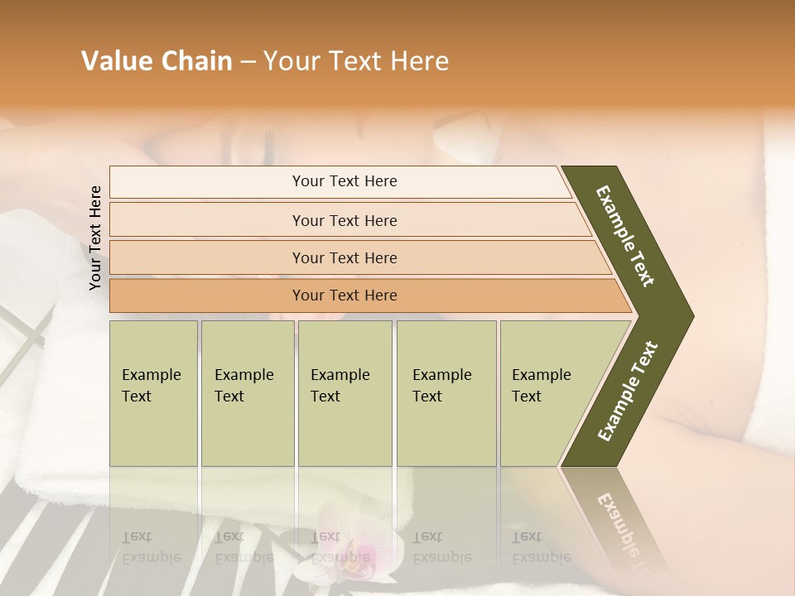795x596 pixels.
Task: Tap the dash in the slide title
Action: pos(248,62)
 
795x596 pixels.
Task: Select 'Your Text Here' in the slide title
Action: pos(356,61)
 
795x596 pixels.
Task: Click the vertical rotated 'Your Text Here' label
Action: pos(95,238)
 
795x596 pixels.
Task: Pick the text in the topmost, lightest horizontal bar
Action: pos(344,181)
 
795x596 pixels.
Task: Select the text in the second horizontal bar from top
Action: pos(344,220)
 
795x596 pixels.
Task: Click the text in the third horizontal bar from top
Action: pos(344,257)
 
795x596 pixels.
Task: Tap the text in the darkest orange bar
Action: pos(344,295)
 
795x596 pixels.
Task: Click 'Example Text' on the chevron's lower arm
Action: pos(628,391)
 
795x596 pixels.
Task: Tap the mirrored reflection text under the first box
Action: pos(152,547)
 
